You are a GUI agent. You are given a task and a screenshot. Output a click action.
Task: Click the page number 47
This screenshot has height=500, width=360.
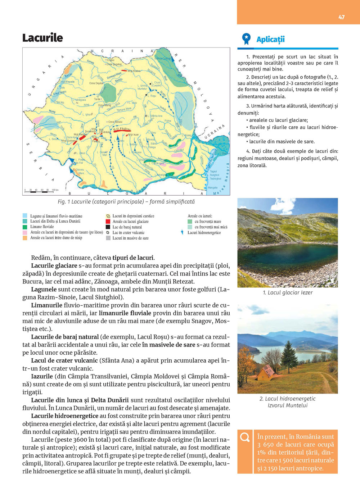coord(341,17)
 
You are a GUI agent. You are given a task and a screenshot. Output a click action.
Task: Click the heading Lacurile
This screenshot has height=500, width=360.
coord(42,38)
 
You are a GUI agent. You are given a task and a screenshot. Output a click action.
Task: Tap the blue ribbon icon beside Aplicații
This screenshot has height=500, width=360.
coord(246,39)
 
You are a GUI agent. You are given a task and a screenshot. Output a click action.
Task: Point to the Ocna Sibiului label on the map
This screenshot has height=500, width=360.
coord(115,122)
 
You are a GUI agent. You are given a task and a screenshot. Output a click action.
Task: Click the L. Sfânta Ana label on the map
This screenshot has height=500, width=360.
coord(155,116)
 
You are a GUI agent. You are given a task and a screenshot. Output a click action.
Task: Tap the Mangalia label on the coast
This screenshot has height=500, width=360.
coord(212,187)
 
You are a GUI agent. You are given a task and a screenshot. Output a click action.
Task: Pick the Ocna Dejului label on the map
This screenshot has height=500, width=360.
coord(96,83)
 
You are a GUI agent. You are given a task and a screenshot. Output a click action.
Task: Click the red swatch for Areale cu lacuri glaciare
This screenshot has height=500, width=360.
coord(108,222)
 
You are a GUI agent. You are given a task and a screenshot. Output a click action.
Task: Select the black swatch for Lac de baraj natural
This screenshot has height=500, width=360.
coord(108,227)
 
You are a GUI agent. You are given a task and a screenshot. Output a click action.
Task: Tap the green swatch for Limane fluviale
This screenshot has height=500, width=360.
coord(25,227)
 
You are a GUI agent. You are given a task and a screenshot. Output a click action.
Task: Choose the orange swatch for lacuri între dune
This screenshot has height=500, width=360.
coord(25,238)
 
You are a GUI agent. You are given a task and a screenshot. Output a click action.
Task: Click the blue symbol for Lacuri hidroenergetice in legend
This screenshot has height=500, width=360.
coord(183,232)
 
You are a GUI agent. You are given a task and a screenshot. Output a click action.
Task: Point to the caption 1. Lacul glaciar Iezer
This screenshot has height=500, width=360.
coord(288,292)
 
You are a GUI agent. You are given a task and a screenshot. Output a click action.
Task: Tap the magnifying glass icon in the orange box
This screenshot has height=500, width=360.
coord(245,437)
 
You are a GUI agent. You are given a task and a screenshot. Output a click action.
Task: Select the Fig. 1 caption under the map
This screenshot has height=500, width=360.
coord(126,201)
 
